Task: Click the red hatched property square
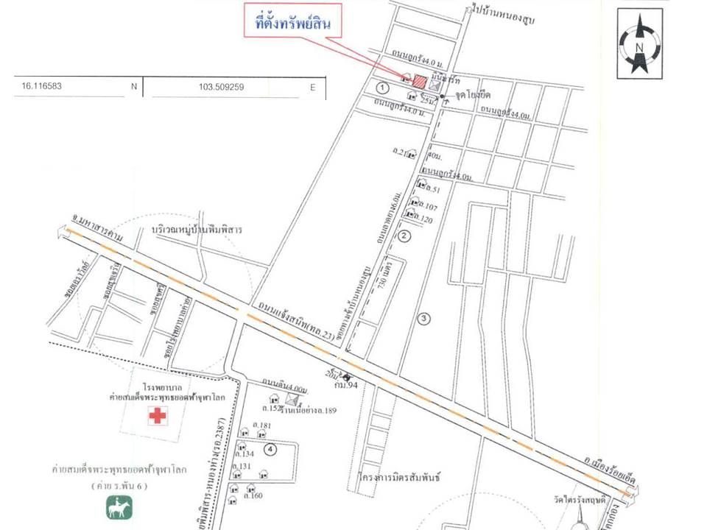419,82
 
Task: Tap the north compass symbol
639,44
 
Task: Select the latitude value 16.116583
42,86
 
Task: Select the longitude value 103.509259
221,87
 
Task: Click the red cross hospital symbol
157,416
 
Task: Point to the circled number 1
381,88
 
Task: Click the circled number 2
404,236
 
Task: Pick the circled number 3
423,319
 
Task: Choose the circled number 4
271,448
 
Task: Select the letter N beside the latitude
133,87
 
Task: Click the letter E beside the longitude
312,87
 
